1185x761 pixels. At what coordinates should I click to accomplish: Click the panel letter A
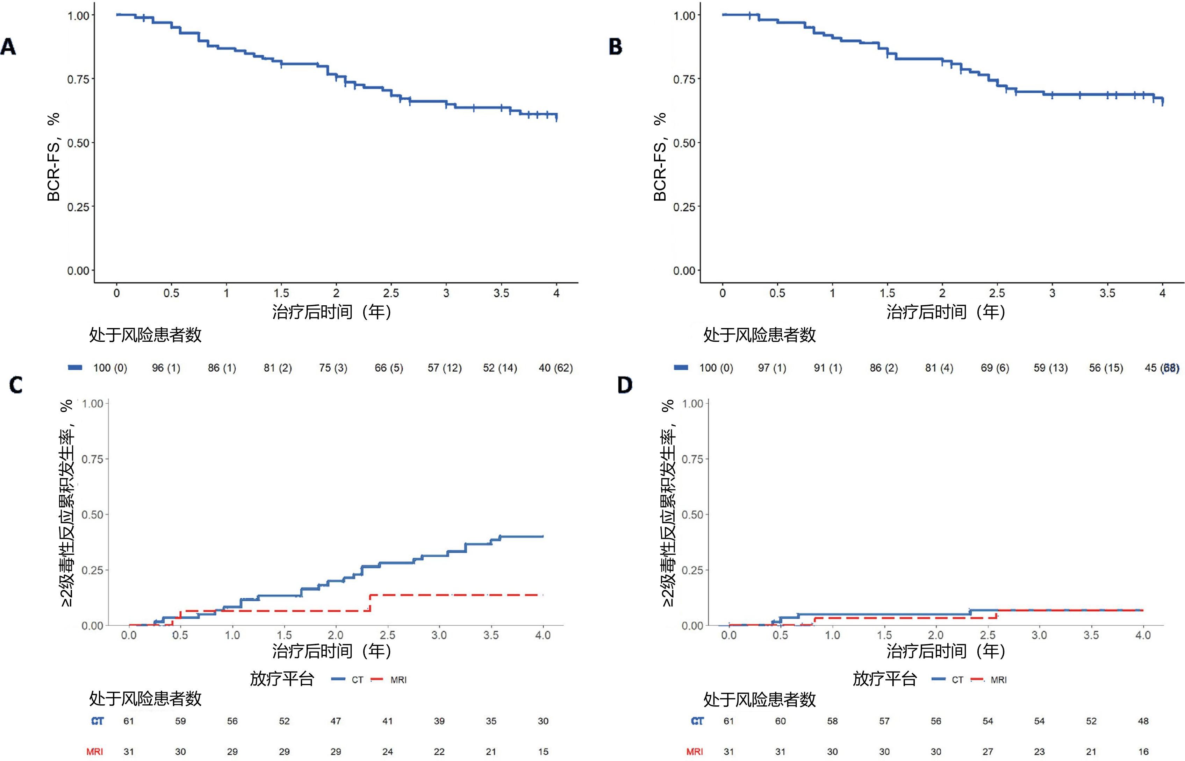[x=8, y=47]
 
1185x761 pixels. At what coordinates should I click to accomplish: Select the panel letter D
[x=625, y=385]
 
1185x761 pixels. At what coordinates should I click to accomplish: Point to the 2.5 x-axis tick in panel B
[x=997, y=293]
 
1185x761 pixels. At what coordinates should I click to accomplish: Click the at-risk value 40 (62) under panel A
[x=556, y=368]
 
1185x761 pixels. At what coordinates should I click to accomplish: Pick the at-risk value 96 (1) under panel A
[x=166, y=368]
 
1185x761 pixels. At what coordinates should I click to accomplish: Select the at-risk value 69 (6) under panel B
[x=995, y=368]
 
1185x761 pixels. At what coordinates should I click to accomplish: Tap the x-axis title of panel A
[x=332, y=312]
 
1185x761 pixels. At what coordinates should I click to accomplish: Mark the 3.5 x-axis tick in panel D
[x=1091, y=635]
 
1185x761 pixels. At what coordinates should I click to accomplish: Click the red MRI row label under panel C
[x=95, y=752]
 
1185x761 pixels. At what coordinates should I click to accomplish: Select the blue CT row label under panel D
[x=697, y=721]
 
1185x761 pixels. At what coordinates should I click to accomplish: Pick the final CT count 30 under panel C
[x=543, y=721]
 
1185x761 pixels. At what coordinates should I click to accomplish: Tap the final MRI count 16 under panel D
[x=1143, y=752]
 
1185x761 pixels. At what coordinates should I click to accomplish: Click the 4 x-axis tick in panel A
[x=556, y=293]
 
